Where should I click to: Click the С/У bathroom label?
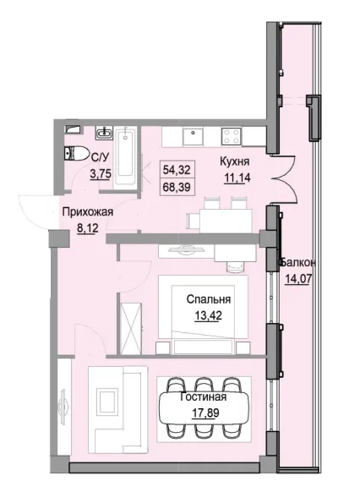click(x=99, y=156)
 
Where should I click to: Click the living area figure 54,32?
click(x=174, y=169)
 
